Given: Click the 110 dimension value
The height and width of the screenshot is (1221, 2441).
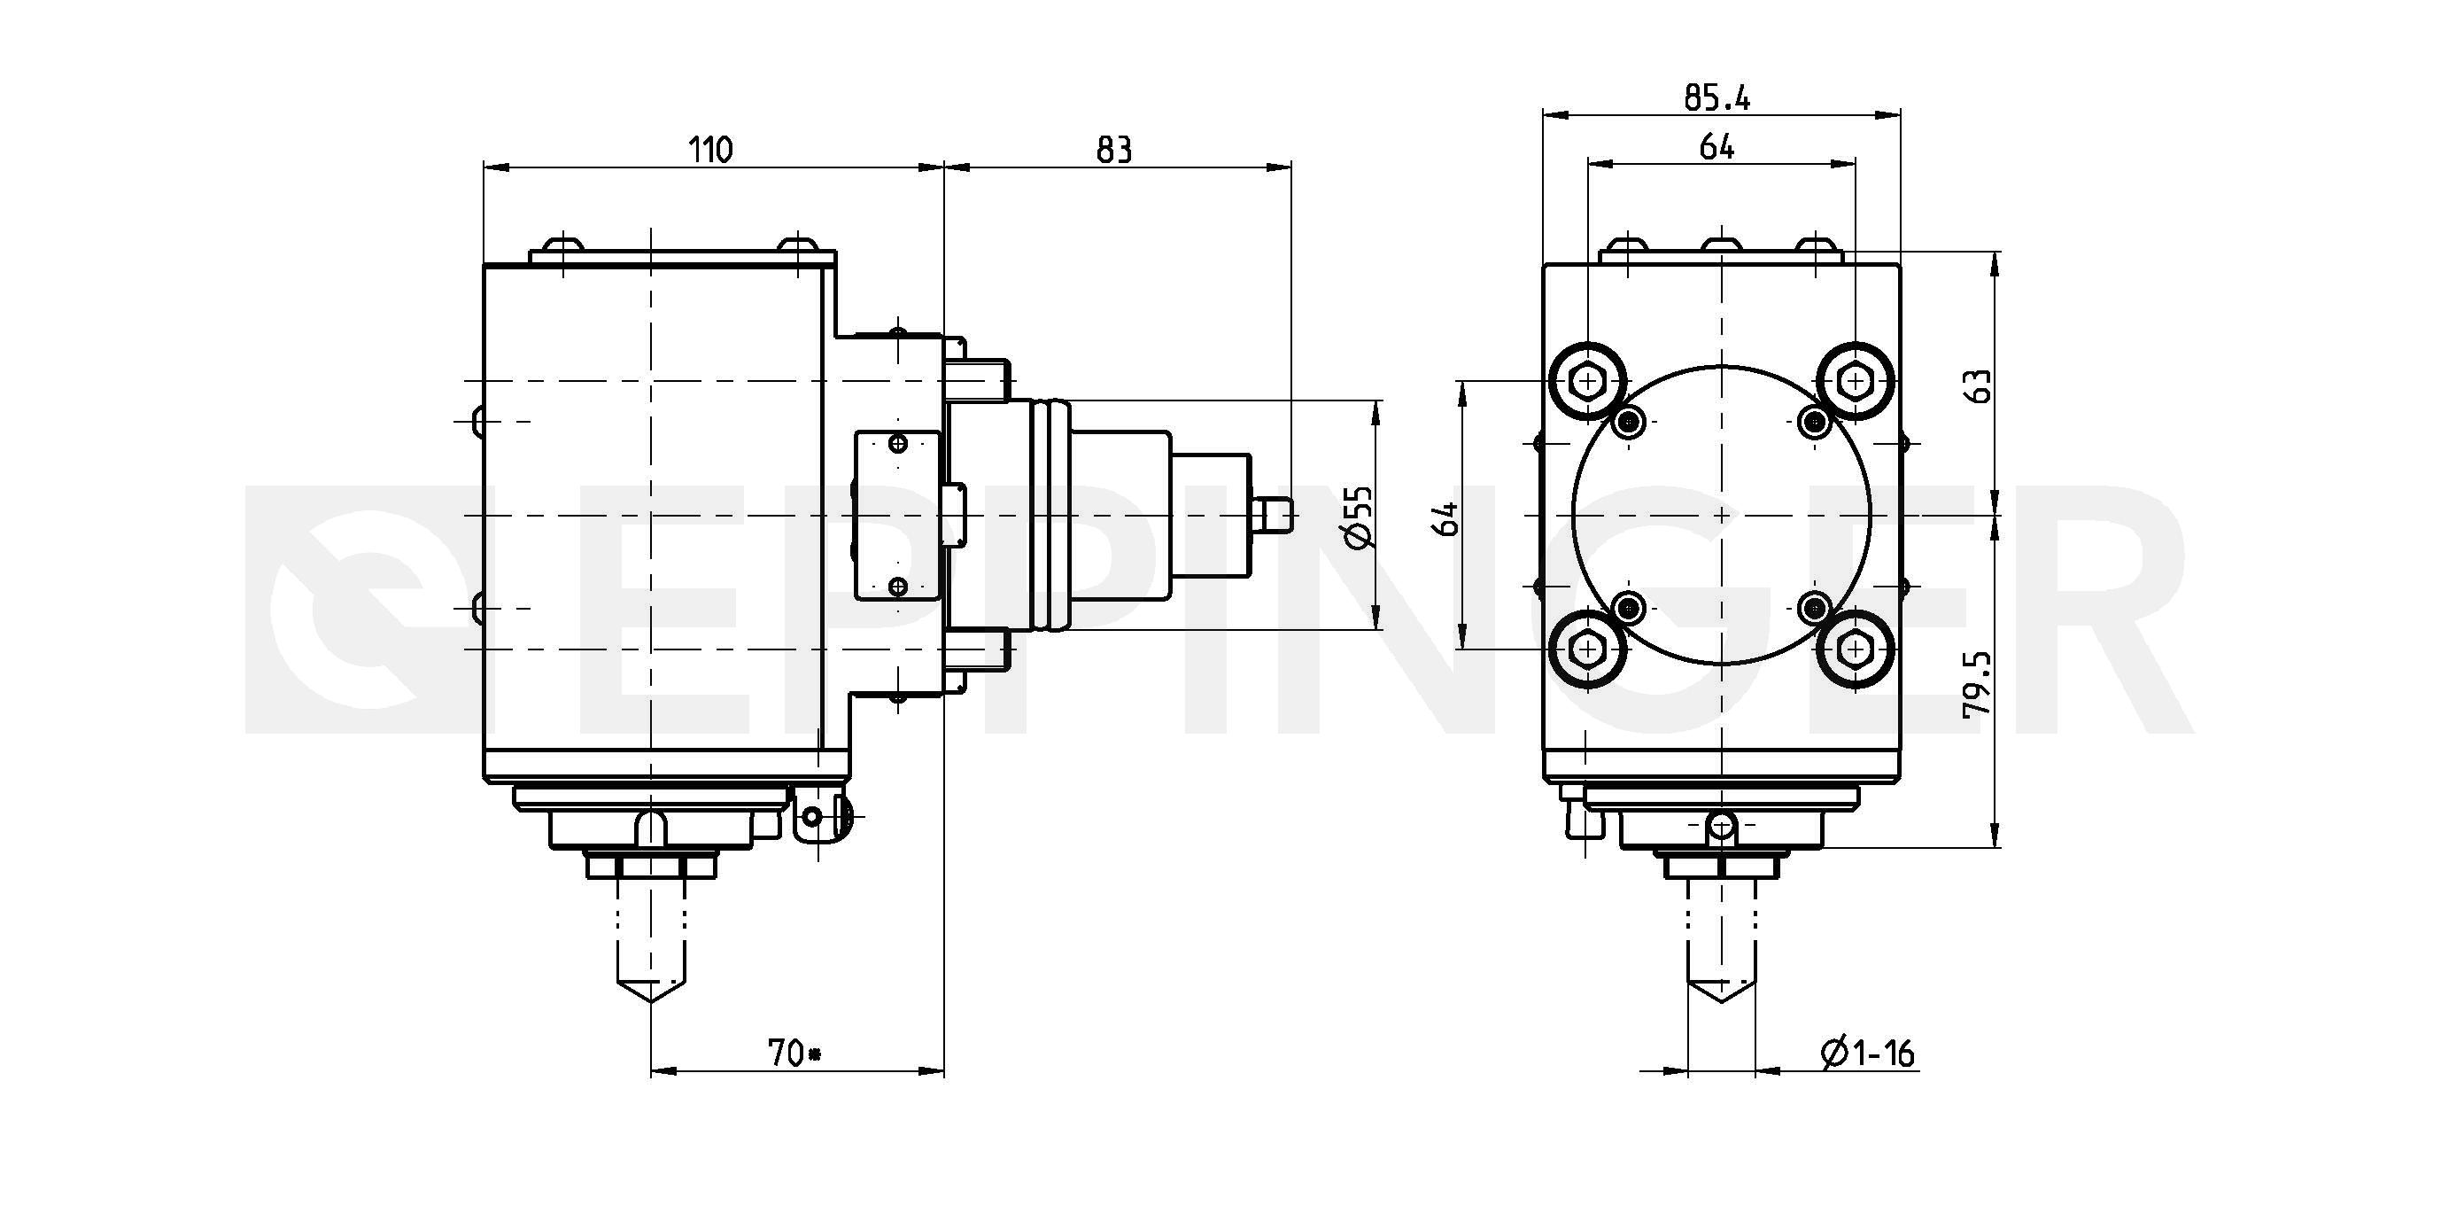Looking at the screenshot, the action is [x=709, y=150].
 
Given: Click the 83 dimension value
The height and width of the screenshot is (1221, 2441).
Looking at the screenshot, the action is [x=1114, y=150].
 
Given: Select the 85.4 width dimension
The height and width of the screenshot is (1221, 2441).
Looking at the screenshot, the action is [x=1717, y=97].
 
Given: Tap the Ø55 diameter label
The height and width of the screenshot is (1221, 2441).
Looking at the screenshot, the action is [x=1358, y=517].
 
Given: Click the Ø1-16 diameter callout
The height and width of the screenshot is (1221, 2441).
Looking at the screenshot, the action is [x=1868, y=1053].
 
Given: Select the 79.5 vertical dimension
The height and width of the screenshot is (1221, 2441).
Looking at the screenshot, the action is [x=1978, y=684].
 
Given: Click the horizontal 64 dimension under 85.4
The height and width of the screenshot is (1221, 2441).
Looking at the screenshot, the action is [x=1717, y=147].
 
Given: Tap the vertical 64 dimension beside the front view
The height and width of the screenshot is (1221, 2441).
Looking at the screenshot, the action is [x=1447, y=517].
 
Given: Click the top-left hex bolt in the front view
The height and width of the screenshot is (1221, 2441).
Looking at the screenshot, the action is [x=1586, y=382].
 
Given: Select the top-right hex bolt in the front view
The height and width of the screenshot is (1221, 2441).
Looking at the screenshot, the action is [x=1855, y=381].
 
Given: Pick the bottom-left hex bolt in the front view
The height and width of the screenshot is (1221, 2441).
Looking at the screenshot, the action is [x=1586, y=649].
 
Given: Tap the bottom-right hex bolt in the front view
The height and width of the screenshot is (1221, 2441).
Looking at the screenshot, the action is [x=1855, y=649].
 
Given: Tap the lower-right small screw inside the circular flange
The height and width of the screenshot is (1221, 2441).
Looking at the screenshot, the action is [x=1815, y=607].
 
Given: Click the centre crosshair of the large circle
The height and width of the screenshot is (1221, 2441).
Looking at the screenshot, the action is [x=1721, y=516].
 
